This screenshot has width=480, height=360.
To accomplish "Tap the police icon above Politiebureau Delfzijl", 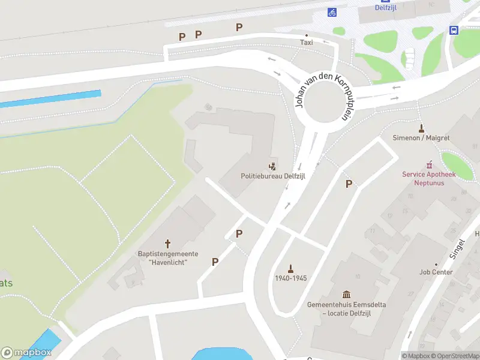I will pyautogui.click(x=273, y=165).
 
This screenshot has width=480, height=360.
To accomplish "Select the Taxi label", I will pyautogui.click(x=307, y=43).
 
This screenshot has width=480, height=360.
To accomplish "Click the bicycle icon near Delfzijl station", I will pyautogui.click(x=332, y=12).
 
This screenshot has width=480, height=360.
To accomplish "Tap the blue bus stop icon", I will pyautogui.click(x=454, y=30).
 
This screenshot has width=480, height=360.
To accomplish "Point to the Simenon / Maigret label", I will pyautogui.click(x=421, y=138).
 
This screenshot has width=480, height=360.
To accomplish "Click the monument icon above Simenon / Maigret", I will pyautogui.click(x=421, y=128).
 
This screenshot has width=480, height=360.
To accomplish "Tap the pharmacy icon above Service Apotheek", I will pyautogui.click(x=429, y=164).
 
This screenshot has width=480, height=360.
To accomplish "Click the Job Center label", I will pyautogui.click(x=436, y=272).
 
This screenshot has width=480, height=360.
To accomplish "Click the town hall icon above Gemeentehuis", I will pyautogui.click(x=346, y=294).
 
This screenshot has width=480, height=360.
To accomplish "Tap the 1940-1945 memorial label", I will pyautogui.click(x=291, y=278).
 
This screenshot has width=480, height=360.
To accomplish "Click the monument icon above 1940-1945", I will pyautogui.click(x=291, y=268).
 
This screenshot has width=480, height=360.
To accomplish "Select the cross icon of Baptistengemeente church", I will pyautogui.click(x=168, y=244).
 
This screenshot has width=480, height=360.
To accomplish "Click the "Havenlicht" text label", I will pyautogui.click(x=168, y=262).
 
